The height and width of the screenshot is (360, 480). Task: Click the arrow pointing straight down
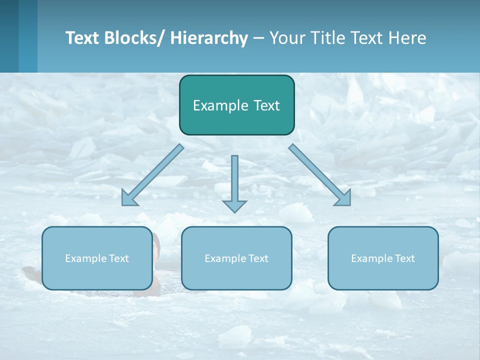point(234,182)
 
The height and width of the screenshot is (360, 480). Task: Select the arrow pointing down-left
point(152,175)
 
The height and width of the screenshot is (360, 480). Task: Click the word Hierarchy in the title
point(208,38)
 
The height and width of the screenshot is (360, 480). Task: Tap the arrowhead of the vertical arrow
point(234,206)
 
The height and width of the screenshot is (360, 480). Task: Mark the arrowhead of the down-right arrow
point(343,198)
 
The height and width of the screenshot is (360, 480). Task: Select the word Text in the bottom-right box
point(404,258)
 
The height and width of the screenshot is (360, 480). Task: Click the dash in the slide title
point(258,38)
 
